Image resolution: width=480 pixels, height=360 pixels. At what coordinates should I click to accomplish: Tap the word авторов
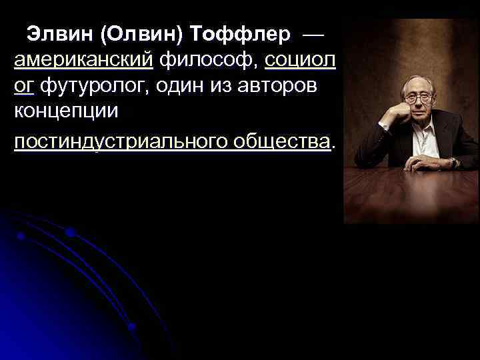point(283,87)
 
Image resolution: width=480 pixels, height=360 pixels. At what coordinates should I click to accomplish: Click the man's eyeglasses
point(418,98)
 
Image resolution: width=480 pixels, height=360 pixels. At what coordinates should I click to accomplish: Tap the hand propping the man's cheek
point(400,107)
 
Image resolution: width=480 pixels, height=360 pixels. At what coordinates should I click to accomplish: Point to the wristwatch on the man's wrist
point(453,161)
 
